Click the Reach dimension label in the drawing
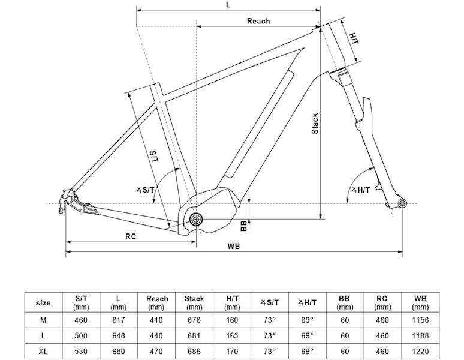point(258,21)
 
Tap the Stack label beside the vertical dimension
point(315,123)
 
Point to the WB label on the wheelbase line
point(233,247)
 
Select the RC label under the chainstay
point(131,236)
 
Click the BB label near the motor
point(243,226)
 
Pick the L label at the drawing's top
point(228,4)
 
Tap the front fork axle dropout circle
point(402,205)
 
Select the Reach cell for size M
point(157,320)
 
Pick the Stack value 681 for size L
point(194,335)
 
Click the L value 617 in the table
point(119,320)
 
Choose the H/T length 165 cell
point(232,335)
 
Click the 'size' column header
point(43,302)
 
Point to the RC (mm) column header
point(381,302)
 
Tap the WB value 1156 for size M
point(420,320)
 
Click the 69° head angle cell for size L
point(307,335)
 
